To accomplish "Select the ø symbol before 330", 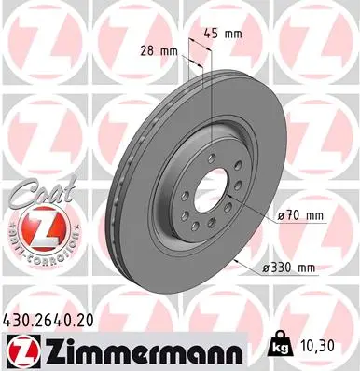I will (266, 268).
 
